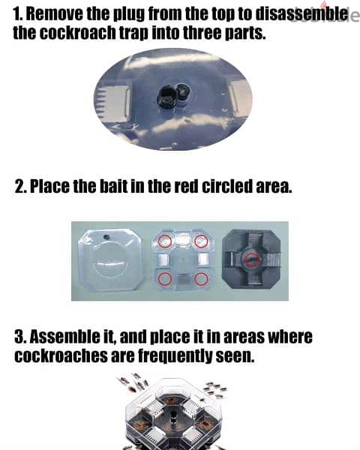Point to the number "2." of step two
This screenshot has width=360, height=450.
point(21,187)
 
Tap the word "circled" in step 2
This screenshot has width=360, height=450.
point(228,187)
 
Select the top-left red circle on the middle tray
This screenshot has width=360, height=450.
point(165,241)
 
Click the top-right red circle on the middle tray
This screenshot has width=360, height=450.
point(201,241)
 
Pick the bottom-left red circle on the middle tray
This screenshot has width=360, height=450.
point(165,279)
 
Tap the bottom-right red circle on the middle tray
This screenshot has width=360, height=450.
point(201,279)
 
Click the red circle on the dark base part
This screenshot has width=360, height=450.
point(252,259)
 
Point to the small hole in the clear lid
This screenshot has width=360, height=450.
point(106,237)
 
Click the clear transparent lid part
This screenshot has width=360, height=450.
point(110,260)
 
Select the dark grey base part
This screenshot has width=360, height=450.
point(252,259)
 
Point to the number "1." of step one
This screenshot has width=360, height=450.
point(18,13)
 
